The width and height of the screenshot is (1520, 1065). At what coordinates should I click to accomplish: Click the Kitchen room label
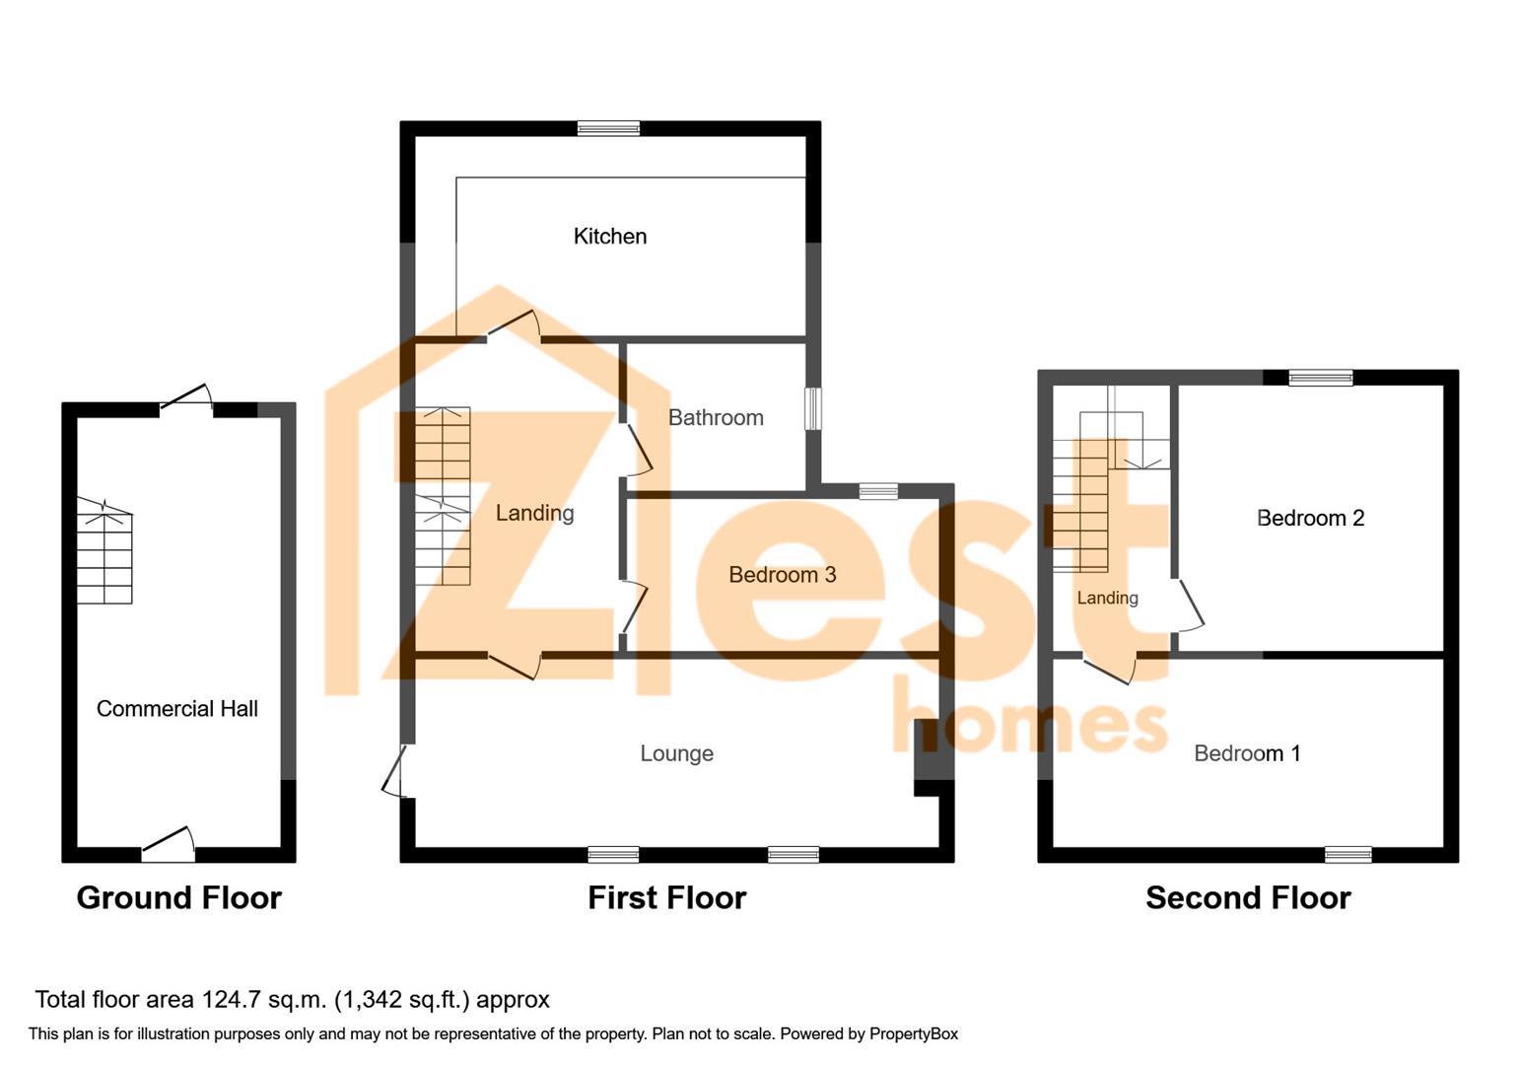[609, 237]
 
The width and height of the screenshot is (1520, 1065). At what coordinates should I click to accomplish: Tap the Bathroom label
[716, 417]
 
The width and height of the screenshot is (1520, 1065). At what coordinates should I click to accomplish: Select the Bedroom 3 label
[783, 575]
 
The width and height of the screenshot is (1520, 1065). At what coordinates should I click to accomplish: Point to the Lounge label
[676, 753]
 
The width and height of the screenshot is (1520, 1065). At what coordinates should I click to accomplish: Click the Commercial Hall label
[177, 709]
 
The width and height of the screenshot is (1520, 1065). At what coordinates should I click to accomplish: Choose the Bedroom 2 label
[1310, 518]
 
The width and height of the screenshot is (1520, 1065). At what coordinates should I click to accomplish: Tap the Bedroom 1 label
[1247, 753]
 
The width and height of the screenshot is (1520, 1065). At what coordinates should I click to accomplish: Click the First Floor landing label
[534, 513]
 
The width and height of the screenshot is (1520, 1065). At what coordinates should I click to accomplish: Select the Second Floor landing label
[1107, 598]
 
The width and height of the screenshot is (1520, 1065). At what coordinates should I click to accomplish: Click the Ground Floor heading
[179, 898]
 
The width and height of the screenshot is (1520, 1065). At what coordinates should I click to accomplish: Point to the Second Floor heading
[1249, 898]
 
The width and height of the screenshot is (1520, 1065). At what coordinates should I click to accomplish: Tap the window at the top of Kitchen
[608, 128]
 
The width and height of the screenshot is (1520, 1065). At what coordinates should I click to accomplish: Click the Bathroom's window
[813, 408]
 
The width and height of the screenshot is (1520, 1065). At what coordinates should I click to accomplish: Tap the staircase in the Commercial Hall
[104, 550]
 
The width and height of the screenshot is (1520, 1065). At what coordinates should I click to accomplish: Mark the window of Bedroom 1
[1348, 855]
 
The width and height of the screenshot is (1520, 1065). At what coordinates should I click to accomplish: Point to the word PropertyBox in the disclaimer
[914, 1033]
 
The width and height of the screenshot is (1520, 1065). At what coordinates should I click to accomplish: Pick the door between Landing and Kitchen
[515, 324]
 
